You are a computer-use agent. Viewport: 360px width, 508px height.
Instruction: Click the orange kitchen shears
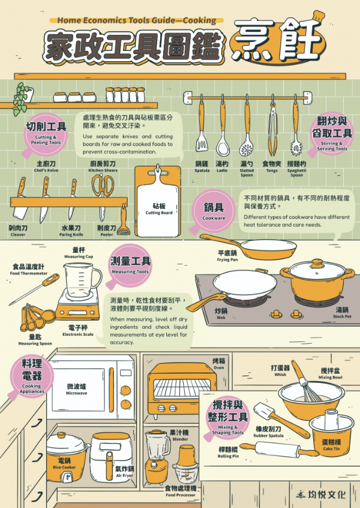pos(103,186)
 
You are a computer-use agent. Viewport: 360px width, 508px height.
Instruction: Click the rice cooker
pos(64,450)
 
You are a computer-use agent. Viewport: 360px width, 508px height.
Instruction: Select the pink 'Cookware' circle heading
pos(214,210)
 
